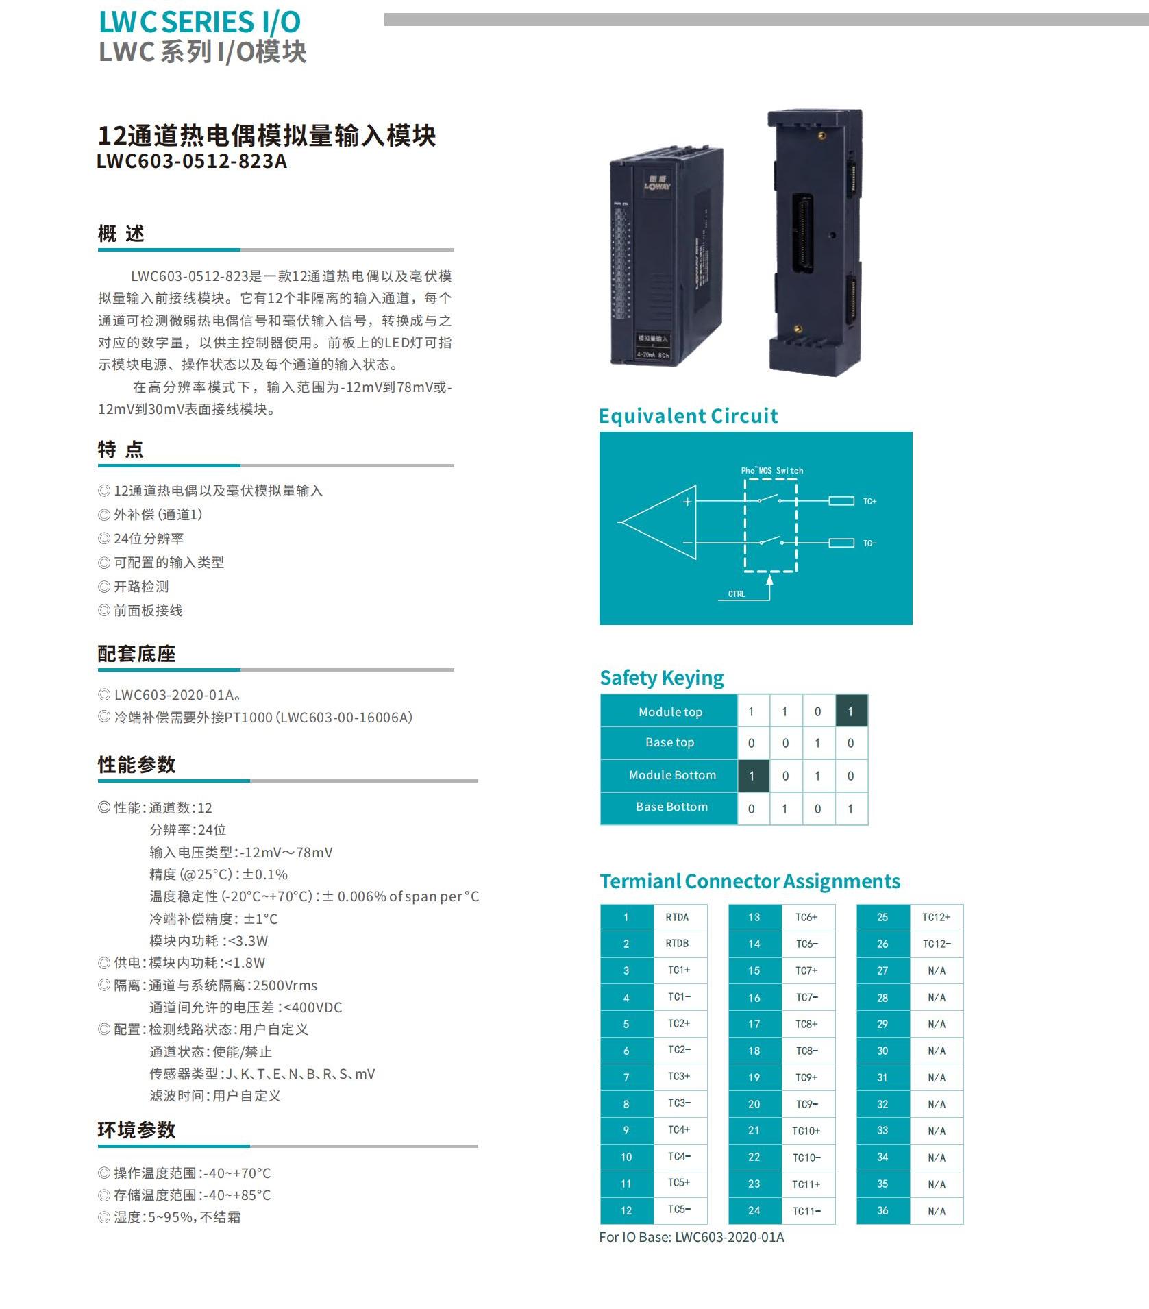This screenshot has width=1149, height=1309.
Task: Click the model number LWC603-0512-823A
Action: pyautogui.click(x=192, y=162)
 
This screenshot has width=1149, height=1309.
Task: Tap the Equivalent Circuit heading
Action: pyautogui.click(x=688, y=416)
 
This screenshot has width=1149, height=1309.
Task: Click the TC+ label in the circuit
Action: pyautogui.click(x=869, y=502)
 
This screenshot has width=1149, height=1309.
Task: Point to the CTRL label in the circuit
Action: pyautogui.click(x=737, y=594)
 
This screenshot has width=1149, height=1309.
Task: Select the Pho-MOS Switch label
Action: pyautogui.click(x=771, y=471)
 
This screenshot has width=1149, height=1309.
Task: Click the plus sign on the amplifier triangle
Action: pyautogui.click(x=687, y=502)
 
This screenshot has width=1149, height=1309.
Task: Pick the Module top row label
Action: pyautogui.click(x=670, y=712)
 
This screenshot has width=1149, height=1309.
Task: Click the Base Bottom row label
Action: pyautogui.click(x=671, y=807)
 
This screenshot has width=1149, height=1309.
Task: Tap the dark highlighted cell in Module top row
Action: pyautogui.click(x=851, y=711)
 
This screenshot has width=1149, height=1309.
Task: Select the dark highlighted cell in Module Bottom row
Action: pyautogui.click(x=752, y=776)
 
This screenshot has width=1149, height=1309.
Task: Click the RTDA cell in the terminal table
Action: pyautogui.click(x=677, y=917)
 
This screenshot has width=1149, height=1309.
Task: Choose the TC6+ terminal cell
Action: pyautogui.click(x=806, y=917)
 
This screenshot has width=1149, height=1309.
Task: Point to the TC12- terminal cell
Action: pyautogui.click(x=937, y=944)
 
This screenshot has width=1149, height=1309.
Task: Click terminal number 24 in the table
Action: pyautogui.click(x=754, y=1210)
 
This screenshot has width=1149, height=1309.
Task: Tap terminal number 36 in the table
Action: pyautogui.click(x=882, y=1210)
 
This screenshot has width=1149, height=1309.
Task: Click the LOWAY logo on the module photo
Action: pyautogui.click(x=657, y=183)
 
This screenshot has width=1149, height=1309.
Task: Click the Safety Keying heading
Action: pyautogui.click(x=661, y=678)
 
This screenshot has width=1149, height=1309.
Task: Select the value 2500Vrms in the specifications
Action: pyautogui.click(x=285, y=986)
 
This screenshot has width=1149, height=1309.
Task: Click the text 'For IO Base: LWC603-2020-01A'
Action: pyautogui.click(x=691, y=1237)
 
